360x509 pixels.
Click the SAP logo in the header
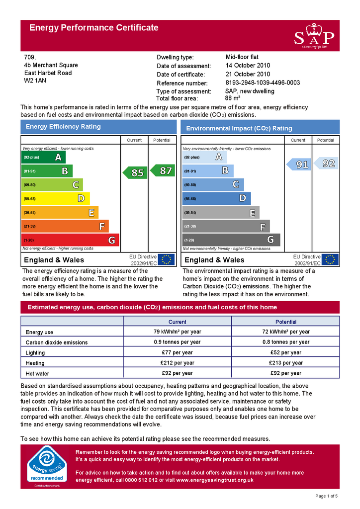pos(314,36)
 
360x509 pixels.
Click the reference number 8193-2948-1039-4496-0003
pos(263,83)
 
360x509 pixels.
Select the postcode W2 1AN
pos(35,81)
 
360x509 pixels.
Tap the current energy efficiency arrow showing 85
pos(135,172)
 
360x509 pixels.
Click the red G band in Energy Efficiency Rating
pos(70,240)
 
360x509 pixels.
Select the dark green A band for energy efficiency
pos(44,157)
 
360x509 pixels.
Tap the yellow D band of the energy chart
pos(56,199)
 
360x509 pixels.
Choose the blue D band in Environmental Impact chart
pos(216,199)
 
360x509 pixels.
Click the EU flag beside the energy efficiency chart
pos(166,259)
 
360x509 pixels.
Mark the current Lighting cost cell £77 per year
pos(177,352)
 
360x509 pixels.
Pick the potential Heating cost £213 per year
pos(285,363)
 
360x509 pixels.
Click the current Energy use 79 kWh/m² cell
pos(177,332)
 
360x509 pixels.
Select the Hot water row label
pos(37,373)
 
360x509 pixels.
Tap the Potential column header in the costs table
pos(285,322)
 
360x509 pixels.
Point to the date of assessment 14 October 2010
pos(248,66)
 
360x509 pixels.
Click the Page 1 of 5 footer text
pos(326,496)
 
